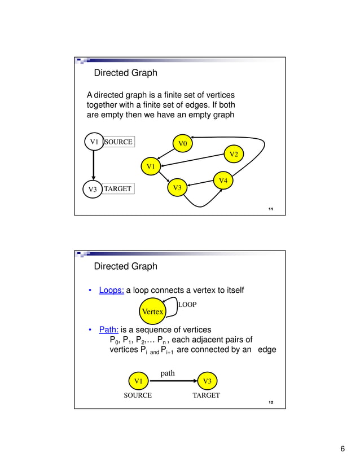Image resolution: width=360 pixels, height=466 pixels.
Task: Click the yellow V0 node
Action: [x=182, y=144]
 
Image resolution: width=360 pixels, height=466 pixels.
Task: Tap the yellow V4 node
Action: [x=223, y=181]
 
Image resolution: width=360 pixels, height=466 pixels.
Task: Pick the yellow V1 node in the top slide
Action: [x=151, y=166]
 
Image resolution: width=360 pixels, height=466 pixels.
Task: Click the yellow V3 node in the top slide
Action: [x=177, y=187]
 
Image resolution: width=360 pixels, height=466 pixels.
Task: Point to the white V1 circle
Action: [x=94, y=142]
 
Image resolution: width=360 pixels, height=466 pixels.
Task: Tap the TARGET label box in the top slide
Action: [x=118, y=189]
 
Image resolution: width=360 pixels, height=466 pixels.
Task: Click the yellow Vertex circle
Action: [x=152, y=311]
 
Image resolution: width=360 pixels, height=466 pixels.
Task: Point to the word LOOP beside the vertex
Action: [x=187, y=305]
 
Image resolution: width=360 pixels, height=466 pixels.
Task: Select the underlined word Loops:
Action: [x=111, y=291]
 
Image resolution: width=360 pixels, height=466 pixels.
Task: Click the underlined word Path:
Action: [x=108, y=329]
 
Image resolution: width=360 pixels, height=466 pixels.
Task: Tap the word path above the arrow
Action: [x=168, y=373]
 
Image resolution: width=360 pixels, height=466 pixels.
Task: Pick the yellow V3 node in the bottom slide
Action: [x=207, y=381]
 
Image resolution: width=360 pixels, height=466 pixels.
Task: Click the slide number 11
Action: [x=271, y=209]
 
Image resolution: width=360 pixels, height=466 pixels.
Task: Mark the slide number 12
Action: [x=271, y=402]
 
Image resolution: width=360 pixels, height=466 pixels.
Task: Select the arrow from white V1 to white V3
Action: [x=94, y=166]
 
